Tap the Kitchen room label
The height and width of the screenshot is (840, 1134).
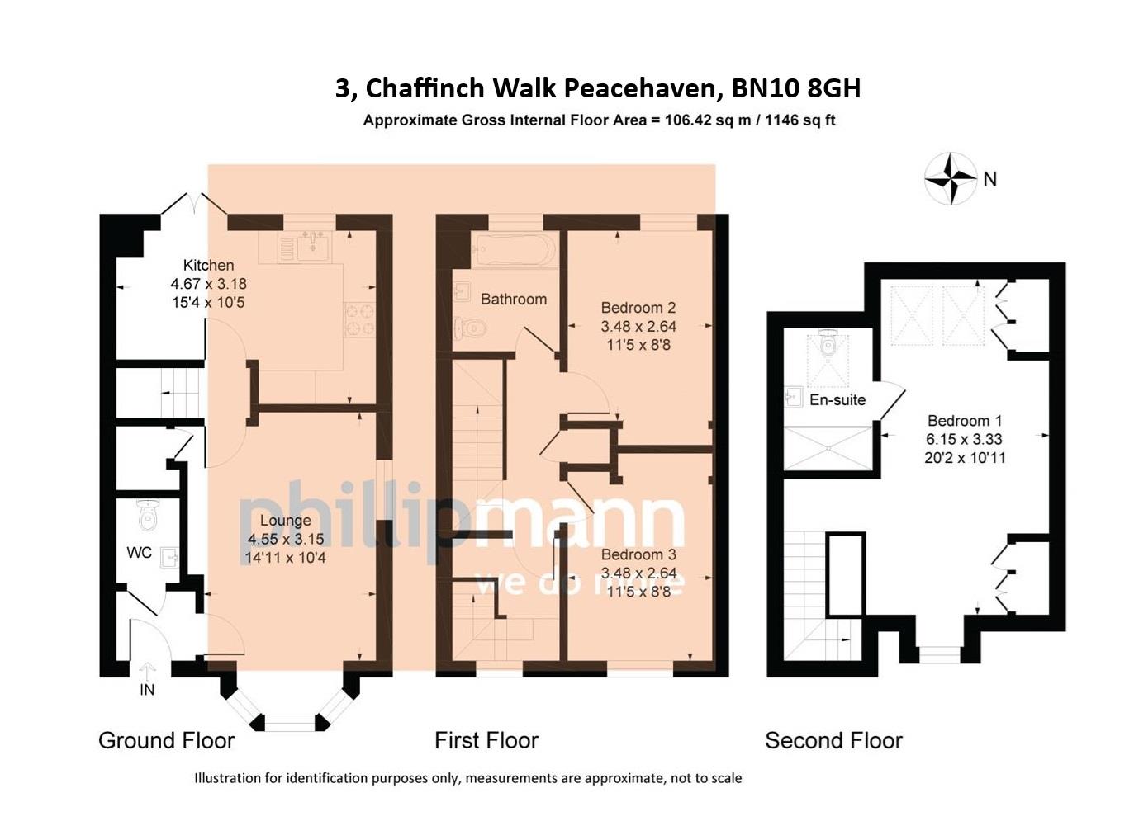tap(208, 265)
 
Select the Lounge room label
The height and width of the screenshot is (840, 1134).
tap(285, 520)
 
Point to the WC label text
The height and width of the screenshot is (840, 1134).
tap(140, 552)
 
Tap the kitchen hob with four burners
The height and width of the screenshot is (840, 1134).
tap(358, 319)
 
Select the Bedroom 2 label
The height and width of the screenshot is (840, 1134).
tap(638, 308)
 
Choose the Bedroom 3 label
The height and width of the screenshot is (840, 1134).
tap(638, 554)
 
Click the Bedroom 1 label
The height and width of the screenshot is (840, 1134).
tap(965, 420)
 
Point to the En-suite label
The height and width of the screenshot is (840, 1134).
tap(837, 399)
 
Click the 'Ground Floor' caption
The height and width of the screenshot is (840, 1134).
tap(166, 740)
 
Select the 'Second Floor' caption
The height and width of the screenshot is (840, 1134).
tap(833, 740)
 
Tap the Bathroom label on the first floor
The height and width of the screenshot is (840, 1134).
tap(514, 299)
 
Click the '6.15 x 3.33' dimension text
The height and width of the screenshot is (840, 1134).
tap(965, 439)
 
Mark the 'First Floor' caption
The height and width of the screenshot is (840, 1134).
tap(486, 740)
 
